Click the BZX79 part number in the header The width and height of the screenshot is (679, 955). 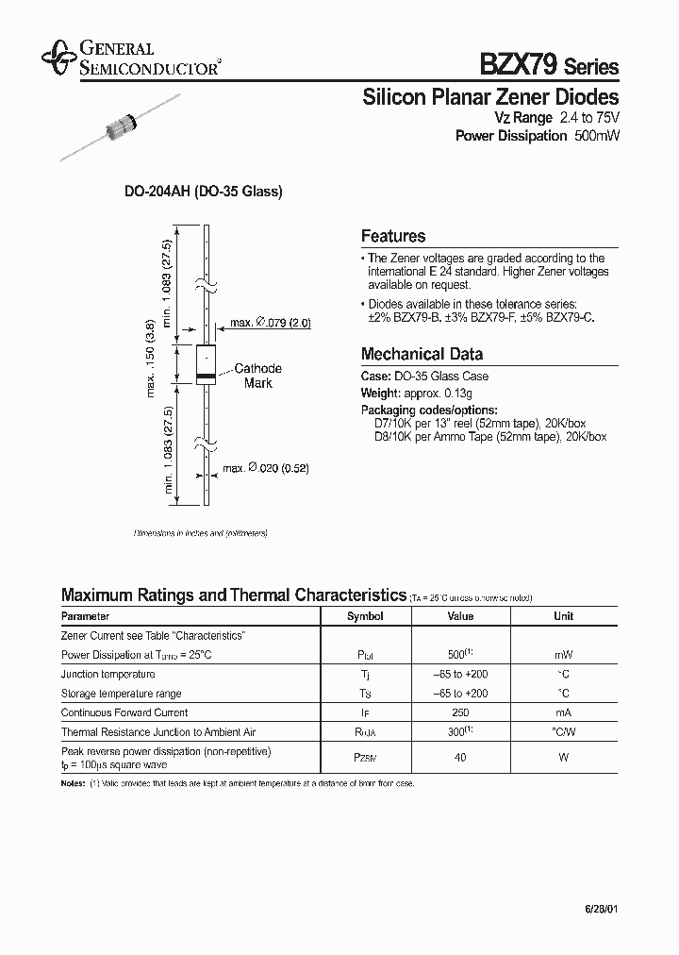pos(520,65)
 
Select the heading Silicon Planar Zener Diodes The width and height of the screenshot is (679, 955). pos(490,97)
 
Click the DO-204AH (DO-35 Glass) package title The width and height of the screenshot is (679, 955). pos(204,192)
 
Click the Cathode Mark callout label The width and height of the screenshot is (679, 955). pos(257,376)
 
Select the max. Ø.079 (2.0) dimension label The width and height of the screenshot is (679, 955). pos(271,324)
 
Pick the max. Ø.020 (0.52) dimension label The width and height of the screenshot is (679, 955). pos(266,468)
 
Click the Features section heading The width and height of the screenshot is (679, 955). pos(393,237)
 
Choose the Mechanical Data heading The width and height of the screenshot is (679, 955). pos(422,355)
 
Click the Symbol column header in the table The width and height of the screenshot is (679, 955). pos(365,616)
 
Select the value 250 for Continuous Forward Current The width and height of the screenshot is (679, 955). pos(459,712)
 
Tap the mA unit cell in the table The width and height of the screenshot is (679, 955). pos(563,712)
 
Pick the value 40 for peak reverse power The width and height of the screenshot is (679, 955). pos(459,757)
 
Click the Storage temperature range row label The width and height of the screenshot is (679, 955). pos(122,694)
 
